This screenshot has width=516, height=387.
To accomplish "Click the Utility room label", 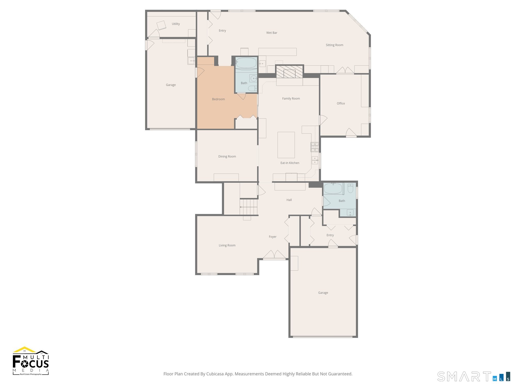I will point(176,24).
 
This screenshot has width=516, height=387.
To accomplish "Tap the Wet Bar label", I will point(272,33).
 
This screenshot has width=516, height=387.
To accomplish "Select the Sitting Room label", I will point(334,45).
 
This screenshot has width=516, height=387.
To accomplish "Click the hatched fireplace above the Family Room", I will point(289,71).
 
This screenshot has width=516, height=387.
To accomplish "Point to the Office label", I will point(341,103).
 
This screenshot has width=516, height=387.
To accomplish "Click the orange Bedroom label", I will point(218,99).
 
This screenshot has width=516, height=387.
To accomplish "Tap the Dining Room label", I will point(227,156).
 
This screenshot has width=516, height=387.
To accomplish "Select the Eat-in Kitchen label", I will point(290,163).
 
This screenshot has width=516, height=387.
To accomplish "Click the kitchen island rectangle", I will point(286,145).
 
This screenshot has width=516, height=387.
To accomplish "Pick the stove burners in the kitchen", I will point(315,147).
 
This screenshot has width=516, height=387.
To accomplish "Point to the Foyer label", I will point(272,237).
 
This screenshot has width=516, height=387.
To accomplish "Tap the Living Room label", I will point(227,245).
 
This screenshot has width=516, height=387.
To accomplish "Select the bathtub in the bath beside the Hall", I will point(333,189).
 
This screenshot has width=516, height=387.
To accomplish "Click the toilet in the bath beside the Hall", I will point(350,188).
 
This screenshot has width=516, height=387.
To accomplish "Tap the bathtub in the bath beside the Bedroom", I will point(246,63).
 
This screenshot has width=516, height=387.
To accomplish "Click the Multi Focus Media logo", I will point(31,361).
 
